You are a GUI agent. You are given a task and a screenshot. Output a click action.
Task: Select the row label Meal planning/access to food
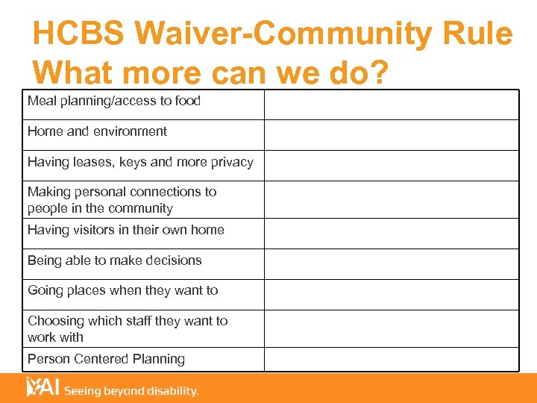point(114,101)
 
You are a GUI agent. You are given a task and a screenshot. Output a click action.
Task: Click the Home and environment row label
point(97,131)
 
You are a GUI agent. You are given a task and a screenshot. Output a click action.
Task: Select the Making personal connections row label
point(122,200)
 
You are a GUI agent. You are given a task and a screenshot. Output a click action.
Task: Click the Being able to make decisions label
point(114,260)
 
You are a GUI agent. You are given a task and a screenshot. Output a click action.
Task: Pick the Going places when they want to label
point(122,290)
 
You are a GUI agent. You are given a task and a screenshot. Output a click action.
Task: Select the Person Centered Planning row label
point(106,359)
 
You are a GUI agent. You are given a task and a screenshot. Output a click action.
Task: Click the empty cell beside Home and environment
point(392,135)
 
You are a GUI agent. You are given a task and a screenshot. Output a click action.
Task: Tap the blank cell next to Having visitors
point(392,234)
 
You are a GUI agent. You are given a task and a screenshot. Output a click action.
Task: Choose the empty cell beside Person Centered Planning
point(392,359)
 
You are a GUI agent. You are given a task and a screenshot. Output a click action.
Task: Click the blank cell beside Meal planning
point(392,104)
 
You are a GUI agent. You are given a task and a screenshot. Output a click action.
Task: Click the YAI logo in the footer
point(43,387)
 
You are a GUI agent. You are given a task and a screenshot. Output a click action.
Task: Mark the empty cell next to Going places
point(392,294)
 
